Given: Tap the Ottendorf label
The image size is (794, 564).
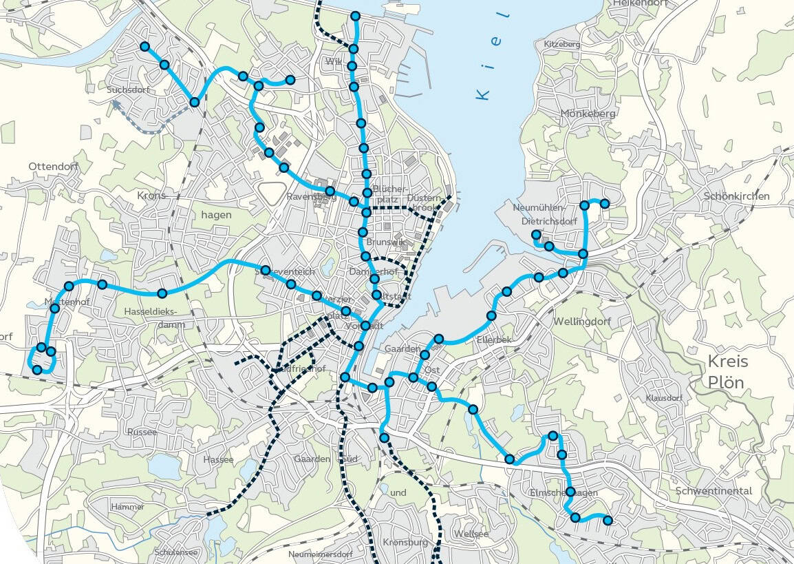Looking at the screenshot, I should pyautogui.click(x=52, y=167).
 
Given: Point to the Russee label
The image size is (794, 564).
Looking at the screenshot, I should pyautogui.click(x=142, y=432).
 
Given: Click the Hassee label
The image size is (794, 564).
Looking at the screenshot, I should pyautogui.click(x=218, y=459).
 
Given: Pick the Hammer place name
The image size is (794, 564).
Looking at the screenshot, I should pyautogui.click(x=127, y=507).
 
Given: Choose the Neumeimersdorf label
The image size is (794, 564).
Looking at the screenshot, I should pyautogui.click(x=320, y=554).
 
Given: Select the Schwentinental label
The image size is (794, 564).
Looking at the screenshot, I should pyautogui.click(x=713, y=491).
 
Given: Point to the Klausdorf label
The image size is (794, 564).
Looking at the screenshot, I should pyautogui.click(x=664, y=398).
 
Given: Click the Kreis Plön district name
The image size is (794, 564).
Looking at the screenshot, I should pyautogui.click(x=728, y=372).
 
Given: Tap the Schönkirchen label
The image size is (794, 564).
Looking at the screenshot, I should pyautogui.click(x=736, y=196).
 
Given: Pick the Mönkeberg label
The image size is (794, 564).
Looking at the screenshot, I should pyautogui.click(x=586, y=114).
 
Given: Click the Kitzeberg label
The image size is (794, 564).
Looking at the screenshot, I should pyautogui.click(x=562, y=44).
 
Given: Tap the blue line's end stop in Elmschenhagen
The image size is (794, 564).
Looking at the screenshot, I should pyautogui.click(x=608, y=521).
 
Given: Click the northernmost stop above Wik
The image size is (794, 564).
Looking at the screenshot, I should pyautogui.click(x=355, y=16).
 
